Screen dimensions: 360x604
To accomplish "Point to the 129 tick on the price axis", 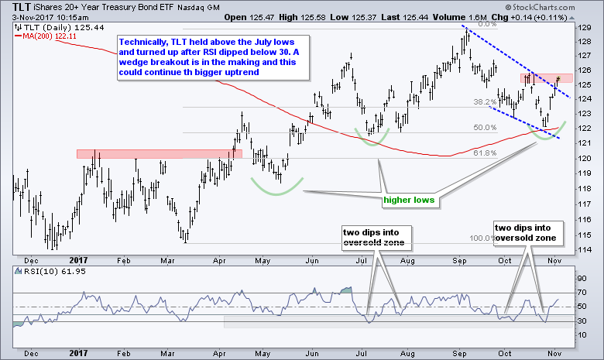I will click(585, 27).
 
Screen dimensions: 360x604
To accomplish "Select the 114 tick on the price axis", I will click(585, 249).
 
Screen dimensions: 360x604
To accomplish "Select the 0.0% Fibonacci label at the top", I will click(486, 24).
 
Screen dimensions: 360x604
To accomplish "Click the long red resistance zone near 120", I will click(159, 154).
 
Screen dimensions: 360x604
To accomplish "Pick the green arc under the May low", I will click(276, 187).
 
